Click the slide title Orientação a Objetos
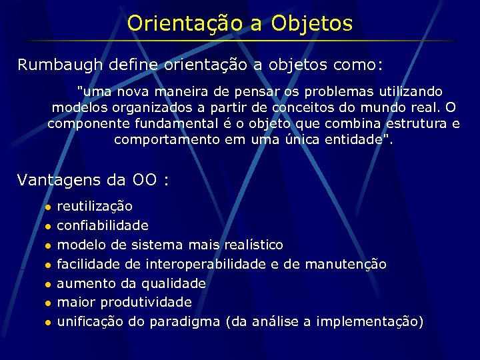[x=240, y=24]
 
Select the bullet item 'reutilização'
[x=95, y=206]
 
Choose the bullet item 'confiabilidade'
[x=103, y=225]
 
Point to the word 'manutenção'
[x=345, y=264]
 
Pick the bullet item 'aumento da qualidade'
[x=131, y=283]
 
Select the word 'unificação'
[x=90, y=321]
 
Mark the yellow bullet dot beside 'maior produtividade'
[x=47, y=303]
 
